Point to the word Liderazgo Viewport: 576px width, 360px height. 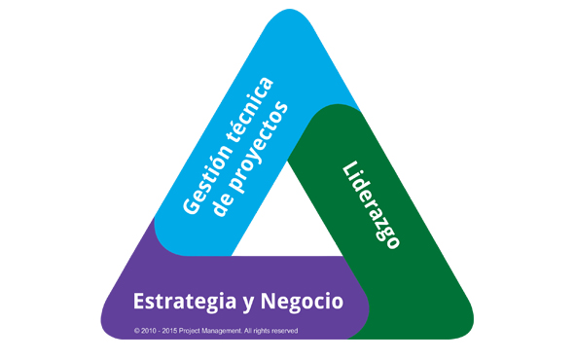(371, 205)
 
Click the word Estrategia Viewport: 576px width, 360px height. (185, 302)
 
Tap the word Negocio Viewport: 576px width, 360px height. (302, 302)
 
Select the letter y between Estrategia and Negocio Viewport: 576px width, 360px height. (249, 304)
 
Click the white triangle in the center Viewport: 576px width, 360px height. (287, 221)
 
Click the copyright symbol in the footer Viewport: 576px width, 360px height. (136, 331)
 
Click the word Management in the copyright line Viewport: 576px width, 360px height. (221, 331)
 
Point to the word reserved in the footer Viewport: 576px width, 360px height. (285, 331)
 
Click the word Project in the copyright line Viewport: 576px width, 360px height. (189, 332)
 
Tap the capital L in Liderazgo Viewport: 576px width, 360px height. (351, 169)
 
